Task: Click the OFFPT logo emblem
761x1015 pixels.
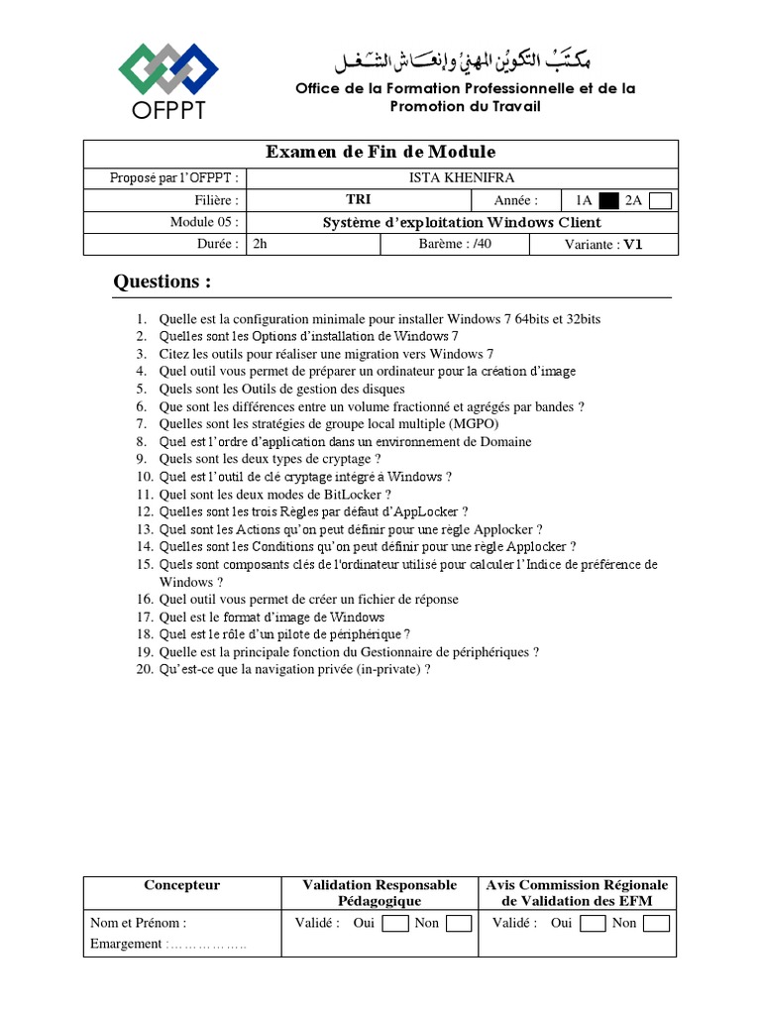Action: click(x=167, y=68)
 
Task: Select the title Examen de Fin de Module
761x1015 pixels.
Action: click(x=380, y=152)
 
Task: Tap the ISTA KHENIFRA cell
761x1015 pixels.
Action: click(x=461, y=177)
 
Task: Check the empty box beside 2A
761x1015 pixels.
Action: click(x=661, y=200)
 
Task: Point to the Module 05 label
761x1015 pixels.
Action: click(x=204, y=222)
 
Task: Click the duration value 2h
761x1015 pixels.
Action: click(x=262, y=244)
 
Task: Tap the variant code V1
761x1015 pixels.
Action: click(x=633, y=245)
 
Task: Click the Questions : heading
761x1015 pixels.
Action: click(x=163, y=282)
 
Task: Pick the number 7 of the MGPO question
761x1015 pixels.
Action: click(x=141, y=424)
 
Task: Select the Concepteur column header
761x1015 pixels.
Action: click(x=182, y=885)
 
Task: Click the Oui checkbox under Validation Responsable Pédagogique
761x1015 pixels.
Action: click(x=395, y=924)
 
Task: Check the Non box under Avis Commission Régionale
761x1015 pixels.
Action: click(x=656, y=924)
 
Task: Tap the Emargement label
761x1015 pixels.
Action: click(x=125, y=944)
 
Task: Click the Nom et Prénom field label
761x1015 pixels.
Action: click(x=138, y=923)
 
